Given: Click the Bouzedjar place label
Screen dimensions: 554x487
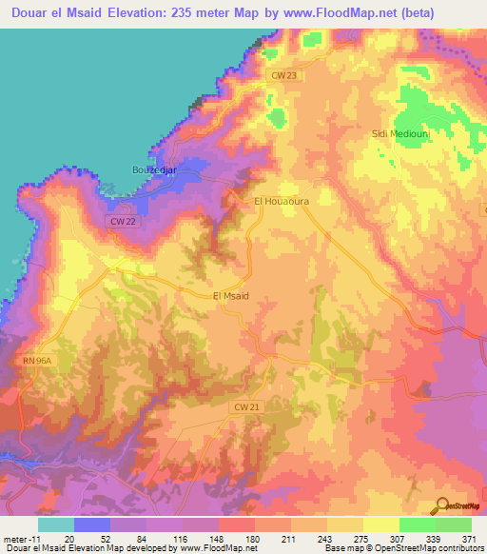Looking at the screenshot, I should coord(153,170).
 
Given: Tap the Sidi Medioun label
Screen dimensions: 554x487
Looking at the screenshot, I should coord(397,134).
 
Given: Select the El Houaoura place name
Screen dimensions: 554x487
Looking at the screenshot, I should coord(282,202).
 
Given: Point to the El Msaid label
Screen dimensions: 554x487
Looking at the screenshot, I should coord(230,296).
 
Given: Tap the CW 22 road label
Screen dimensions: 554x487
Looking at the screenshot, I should coord(119,222).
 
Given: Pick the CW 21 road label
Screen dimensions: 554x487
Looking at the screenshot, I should coord(245,406).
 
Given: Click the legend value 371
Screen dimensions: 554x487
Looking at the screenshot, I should coord(470,538).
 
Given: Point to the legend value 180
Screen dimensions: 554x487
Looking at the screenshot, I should coord(252,538).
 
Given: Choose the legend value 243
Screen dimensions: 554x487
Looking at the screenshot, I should coord(324,538).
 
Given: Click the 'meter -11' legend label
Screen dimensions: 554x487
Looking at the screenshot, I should coord(19,538).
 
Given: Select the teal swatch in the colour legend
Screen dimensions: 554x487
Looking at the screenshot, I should coord(56,524).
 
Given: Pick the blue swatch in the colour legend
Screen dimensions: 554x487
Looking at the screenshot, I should coord(92,524).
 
